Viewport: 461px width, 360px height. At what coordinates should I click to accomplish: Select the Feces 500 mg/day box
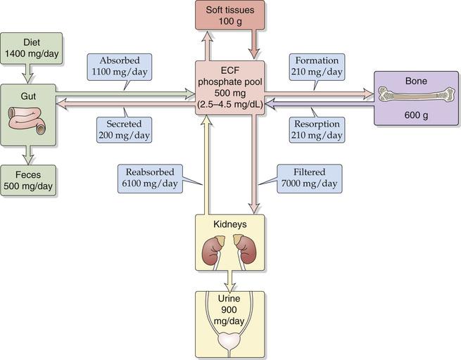[x=29, y=181]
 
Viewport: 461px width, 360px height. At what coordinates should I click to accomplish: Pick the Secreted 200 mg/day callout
[x=123, y=128]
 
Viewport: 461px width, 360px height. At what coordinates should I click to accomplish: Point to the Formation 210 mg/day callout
[x=317, y=65]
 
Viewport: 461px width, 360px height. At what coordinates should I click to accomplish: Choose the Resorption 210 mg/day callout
[x=317, y=128]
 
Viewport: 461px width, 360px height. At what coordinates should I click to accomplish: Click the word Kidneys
[x=230, y=224]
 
